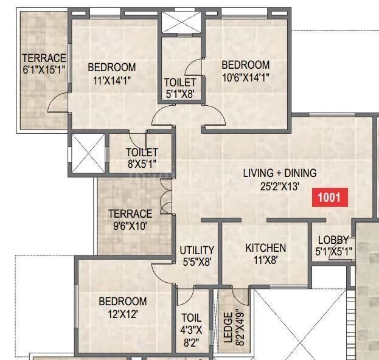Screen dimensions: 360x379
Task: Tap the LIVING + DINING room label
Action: (x=279, y=173)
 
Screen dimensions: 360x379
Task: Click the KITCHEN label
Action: (x=265, y=248)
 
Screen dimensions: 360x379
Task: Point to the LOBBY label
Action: (x=333, y=241)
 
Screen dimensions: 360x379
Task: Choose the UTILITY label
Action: (x=196, y=250)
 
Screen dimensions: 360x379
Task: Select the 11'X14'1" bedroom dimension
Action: (x=111, y=79)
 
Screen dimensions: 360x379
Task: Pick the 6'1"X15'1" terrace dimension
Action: (x=43, y=69)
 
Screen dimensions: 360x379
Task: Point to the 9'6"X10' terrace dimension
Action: (x=130, y=226)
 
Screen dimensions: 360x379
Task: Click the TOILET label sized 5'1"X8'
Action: (x=180, y=82)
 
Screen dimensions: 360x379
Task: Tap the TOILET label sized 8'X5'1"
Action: (x=142, y=152)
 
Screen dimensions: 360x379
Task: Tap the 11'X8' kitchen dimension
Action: (x=265, y=260)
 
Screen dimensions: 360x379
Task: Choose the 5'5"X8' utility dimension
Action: (x=196, y=262)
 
